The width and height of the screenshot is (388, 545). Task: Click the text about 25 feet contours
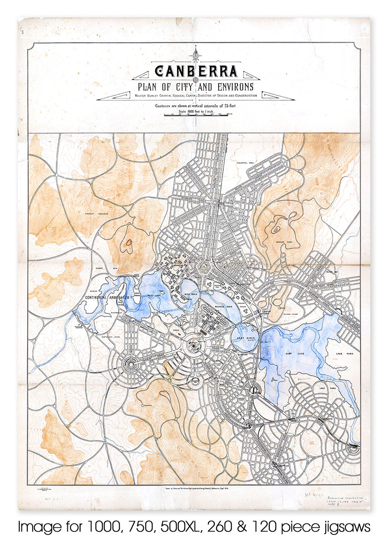(196, 105)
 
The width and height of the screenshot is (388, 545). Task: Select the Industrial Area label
(242, 162)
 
